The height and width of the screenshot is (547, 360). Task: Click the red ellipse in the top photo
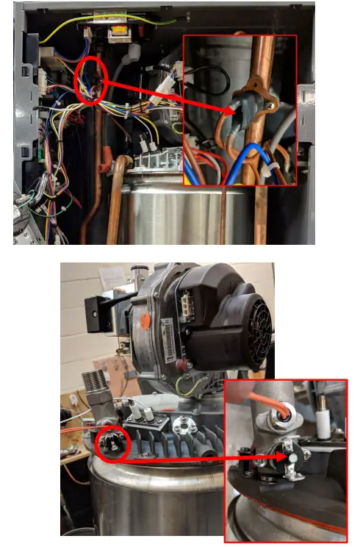[x=92, y=82]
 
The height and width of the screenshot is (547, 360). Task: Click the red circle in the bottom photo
[x=114, y=443]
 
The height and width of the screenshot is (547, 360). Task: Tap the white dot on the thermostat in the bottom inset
[x=292, y=458]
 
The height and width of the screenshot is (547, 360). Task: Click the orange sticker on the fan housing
[x=147, y=322]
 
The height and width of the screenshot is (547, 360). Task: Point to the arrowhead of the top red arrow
[x=228, y=110]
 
